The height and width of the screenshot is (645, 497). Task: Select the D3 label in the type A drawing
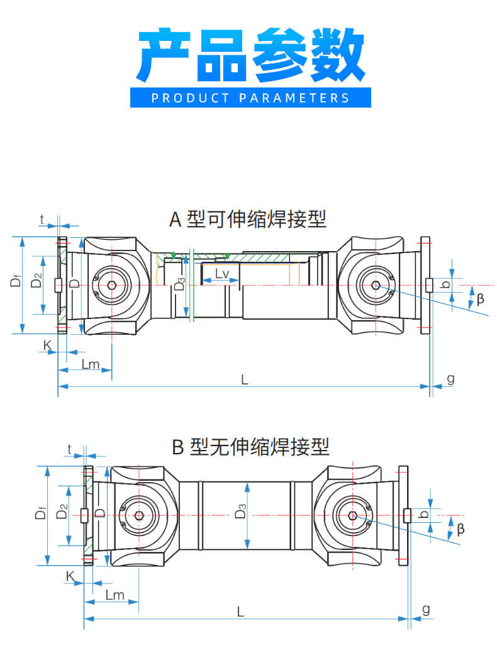pyautogui.click(x=179, y=284)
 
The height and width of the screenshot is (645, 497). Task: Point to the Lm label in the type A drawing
pyautogui.click(x=90, y=364)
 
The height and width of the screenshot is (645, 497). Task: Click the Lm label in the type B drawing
pyautogui.click(x=114, y=595)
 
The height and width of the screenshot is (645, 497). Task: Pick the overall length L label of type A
pyautogui.click(x=245, y=379)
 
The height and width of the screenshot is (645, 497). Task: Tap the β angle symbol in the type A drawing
pyautogui.click(x=481, y=299)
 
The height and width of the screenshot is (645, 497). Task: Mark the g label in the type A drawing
pyautogui.click(x=450, y=378)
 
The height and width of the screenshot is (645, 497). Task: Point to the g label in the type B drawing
pyautogui.click(x=426, y=609)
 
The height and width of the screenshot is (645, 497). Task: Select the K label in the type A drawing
pyautogui.click(x=47, y=344)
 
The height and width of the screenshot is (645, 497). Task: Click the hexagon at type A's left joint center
pyautogui.click(x=111, y=285)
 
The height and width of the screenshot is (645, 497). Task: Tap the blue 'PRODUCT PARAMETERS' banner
pyautogui.click(x=250, y=98)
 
